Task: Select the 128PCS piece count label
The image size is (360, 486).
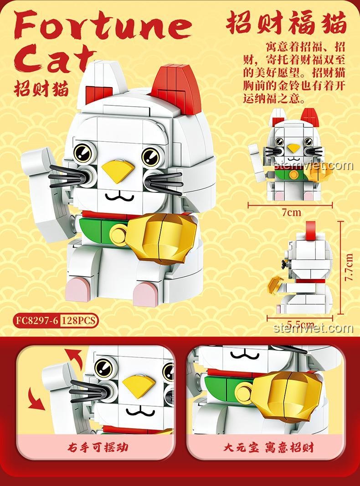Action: coord(78,321)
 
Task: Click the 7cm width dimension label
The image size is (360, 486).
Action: coord(291,212)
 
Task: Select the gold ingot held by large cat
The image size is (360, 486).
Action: coord(162,237)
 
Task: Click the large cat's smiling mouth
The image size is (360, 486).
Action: coord(119,196)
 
